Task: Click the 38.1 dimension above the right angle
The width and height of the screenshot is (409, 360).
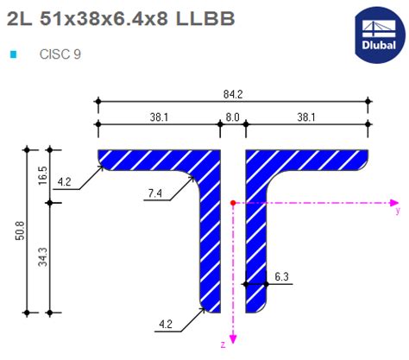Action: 306,117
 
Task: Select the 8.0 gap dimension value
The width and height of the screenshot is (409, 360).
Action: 233,117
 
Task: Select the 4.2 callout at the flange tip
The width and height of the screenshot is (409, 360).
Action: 66,182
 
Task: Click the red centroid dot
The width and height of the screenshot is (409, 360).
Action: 233,203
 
